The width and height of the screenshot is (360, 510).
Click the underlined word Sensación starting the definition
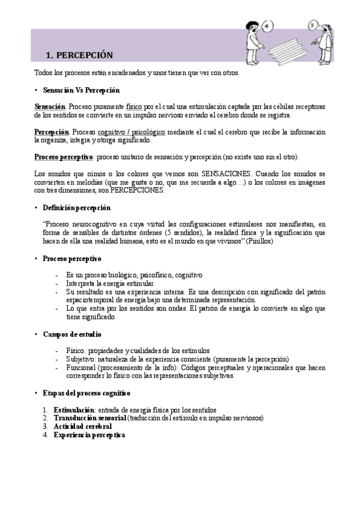pos(49,106)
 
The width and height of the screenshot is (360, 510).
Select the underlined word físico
pos(135,106)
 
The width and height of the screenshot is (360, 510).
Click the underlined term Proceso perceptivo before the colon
pos(63,157)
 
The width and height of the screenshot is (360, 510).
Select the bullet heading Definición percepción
pos(76,207)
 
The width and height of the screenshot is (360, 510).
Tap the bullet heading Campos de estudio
pos(72,334)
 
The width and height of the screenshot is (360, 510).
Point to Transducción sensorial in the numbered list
pos(90,418)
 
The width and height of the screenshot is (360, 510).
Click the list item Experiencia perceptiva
pos(89,435)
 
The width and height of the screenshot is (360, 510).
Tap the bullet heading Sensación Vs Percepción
pos(81,90)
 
